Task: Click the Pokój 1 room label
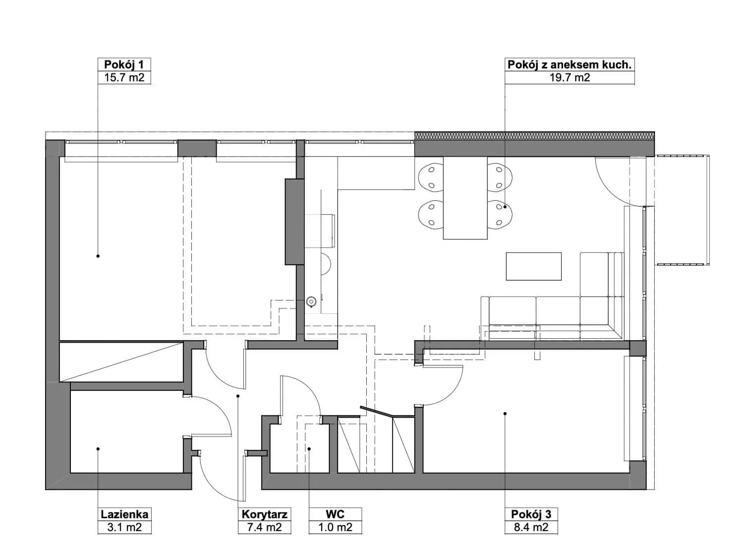coord(124,64)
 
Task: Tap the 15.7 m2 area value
coord(124,78)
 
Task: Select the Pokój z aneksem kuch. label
coord(569,64)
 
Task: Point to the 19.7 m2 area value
coord(570,78)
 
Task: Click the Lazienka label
coord(124,514)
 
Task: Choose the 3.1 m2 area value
coord(124,527)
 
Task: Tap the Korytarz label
coord(264,515)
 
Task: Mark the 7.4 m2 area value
coord(264,527)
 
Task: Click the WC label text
coord(335,514)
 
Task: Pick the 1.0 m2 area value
coord(335,527)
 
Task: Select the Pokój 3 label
coord(531,514)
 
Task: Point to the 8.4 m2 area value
coord(531,527)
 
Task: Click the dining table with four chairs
coord(465,198)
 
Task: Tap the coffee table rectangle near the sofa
coord(533,266)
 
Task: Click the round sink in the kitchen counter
coord(311,302)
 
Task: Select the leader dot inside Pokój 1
coord(98,256)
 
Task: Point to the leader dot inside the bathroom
coord(98,449)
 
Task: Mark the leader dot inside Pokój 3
coord(505,414)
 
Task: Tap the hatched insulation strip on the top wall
coord(534,135)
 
